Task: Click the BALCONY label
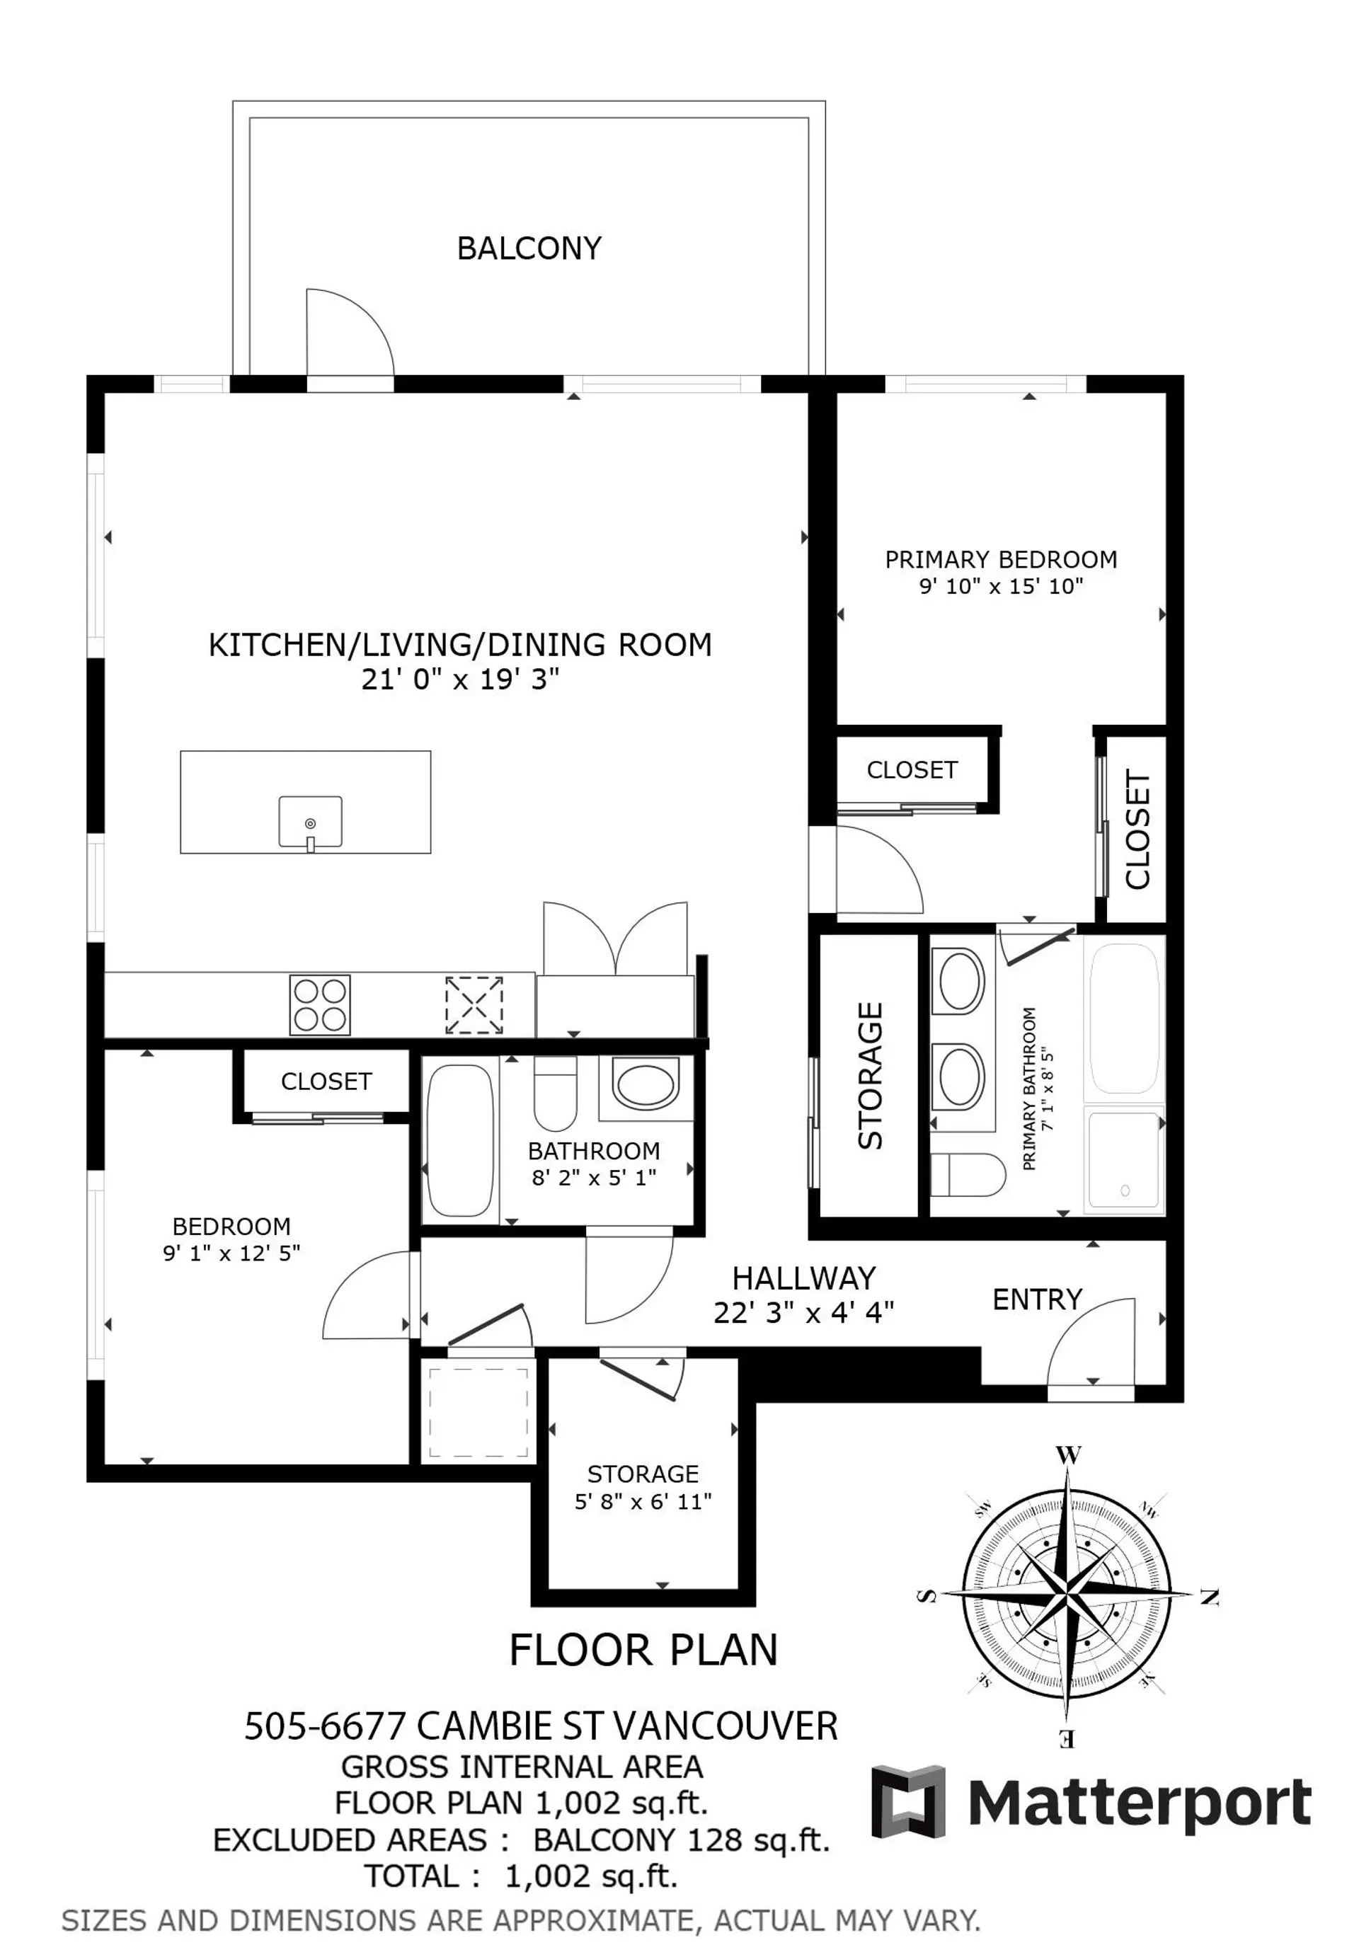click(x=529, y=248)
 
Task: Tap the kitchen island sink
click(x=310, y=822)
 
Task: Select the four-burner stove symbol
click(x=319, y=1004)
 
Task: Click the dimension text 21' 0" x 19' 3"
click(x=460, y=679)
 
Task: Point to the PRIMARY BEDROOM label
click(x=1001, y=559)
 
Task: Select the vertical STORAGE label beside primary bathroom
click(x=870, y=1076)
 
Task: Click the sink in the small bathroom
click(x=646, y=1084)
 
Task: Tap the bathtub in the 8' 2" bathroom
click(x=460, y=1141)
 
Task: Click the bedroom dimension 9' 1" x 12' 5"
click(x=231, y=1253)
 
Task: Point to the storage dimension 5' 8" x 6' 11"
click(x=643, y=1502)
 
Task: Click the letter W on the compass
click(x=1068, y=1454)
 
